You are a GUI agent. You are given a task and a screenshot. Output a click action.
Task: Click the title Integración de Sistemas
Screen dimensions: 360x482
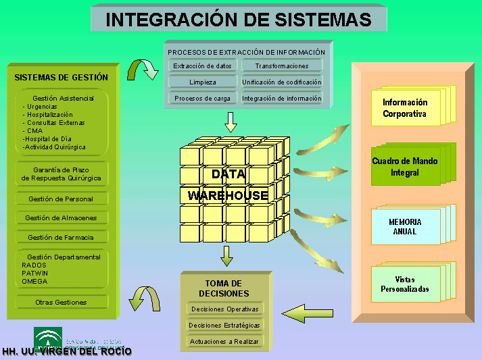239,20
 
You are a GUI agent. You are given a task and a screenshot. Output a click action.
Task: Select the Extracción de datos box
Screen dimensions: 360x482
202,66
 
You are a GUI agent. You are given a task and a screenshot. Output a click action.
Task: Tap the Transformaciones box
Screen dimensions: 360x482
282,66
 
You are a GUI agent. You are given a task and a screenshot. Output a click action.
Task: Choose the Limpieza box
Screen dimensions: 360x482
202,82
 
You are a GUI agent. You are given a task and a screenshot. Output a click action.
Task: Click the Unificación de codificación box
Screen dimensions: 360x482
282,82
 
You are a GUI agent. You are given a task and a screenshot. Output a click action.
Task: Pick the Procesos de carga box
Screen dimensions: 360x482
202,99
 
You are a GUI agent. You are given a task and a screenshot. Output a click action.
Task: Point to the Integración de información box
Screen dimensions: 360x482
282,99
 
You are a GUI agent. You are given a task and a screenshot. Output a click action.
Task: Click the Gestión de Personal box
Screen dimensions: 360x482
61,199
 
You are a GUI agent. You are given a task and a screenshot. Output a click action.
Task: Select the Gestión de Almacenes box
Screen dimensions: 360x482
61,218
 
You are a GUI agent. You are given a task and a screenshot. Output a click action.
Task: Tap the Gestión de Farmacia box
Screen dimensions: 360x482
61,238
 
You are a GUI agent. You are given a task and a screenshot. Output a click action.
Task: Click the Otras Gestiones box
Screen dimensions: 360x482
61,303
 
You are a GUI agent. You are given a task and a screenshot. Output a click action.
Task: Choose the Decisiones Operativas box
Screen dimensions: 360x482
224,309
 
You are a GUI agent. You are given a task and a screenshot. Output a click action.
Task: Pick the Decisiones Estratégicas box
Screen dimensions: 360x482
224,326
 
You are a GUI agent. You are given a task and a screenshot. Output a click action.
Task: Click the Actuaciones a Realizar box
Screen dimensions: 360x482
224,342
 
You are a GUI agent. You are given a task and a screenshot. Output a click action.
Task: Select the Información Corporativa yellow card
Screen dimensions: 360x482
405,108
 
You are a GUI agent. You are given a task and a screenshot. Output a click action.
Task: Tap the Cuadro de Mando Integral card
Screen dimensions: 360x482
405,167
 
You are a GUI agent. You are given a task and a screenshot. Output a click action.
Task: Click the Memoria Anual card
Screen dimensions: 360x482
405,226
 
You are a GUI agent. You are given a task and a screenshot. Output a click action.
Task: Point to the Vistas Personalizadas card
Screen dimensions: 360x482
405,284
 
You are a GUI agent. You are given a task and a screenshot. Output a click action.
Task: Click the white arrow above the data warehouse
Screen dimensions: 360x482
231,122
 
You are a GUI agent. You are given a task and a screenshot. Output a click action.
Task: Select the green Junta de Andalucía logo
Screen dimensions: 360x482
48,336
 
